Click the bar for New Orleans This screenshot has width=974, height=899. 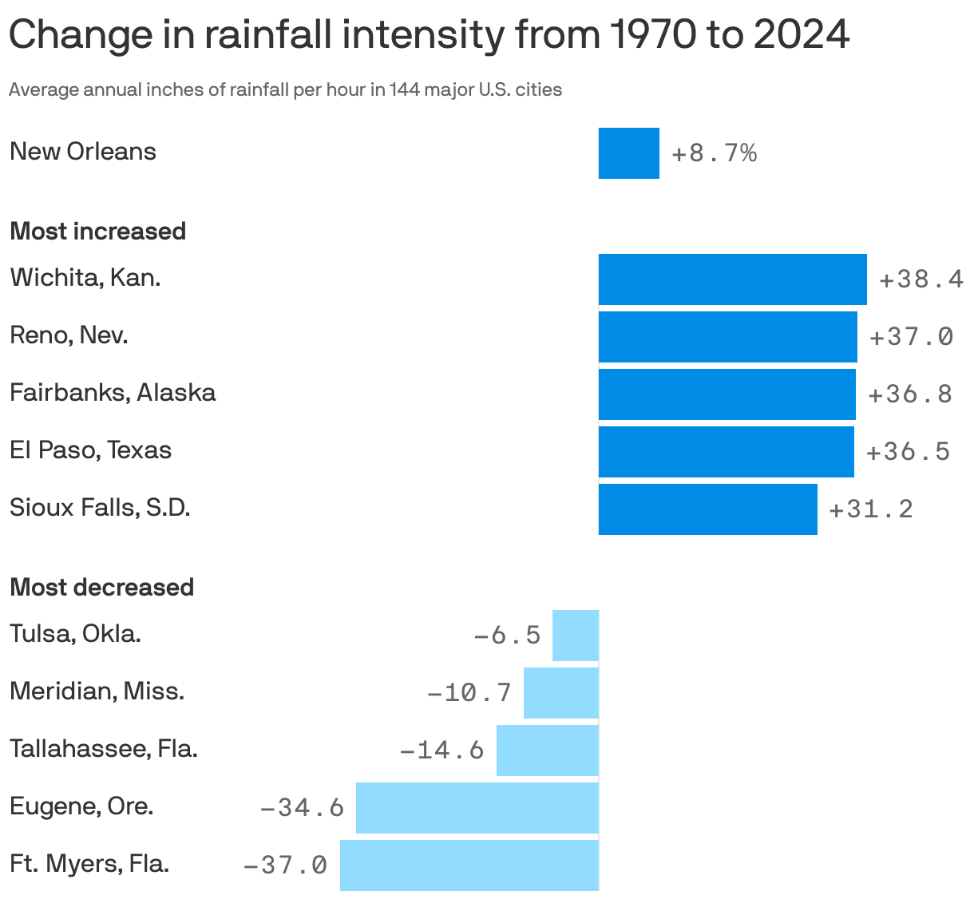[628, 153]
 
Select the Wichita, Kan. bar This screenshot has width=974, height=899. [732, 279]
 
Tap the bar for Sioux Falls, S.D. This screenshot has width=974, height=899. [707, 509]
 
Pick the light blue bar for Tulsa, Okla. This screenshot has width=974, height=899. [575, 636]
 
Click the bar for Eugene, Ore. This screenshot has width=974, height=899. [477, 808]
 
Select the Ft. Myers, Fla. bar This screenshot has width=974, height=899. [469, 865]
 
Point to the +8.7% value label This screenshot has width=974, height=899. [714, 153]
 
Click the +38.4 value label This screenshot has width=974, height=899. [921, 279]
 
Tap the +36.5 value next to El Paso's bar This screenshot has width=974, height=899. [908, 452]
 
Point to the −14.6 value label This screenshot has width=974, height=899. [441, 750]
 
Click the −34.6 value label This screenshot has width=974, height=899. [302, 808]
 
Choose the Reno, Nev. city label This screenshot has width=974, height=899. [69, 335]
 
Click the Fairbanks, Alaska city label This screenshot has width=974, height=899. [113, 393]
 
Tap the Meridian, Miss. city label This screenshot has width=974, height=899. [97, 691]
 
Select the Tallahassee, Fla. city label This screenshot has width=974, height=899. [103, 749]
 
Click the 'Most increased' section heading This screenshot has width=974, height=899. [97, 232]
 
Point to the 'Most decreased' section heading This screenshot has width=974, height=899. [101, 588]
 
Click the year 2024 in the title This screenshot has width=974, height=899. [801, 35]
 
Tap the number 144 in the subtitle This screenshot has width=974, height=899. [405, 89]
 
